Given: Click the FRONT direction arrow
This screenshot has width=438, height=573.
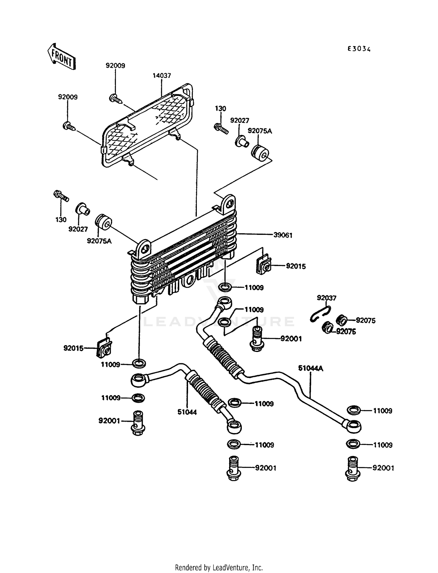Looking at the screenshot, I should point(62,57).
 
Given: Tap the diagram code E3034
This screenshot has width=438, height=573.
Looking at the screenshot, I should point(359,49).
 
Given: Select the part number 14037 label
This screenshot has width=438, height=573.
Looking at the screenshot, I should point(162,76).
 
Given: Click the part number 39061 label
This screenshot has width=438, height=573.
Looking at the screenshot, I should point(283,235).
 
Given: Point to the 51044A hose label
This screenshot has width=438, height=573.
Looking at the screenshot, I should point(310,368).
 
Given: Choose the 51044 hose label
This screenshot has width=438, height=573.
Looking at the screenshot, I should point(187,412).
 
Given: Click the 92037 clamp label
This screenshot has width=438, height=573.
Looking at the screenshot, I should point(326,298).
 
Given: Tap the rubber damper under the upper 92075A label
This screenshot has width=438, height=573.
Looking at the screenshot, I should point(260,153).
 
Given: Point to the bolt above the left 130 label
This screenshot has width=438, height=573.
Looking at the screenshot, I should point(61,196).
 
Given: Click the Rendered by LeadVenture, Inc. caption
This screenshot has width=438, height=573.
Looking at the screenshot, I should point(219,567).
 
